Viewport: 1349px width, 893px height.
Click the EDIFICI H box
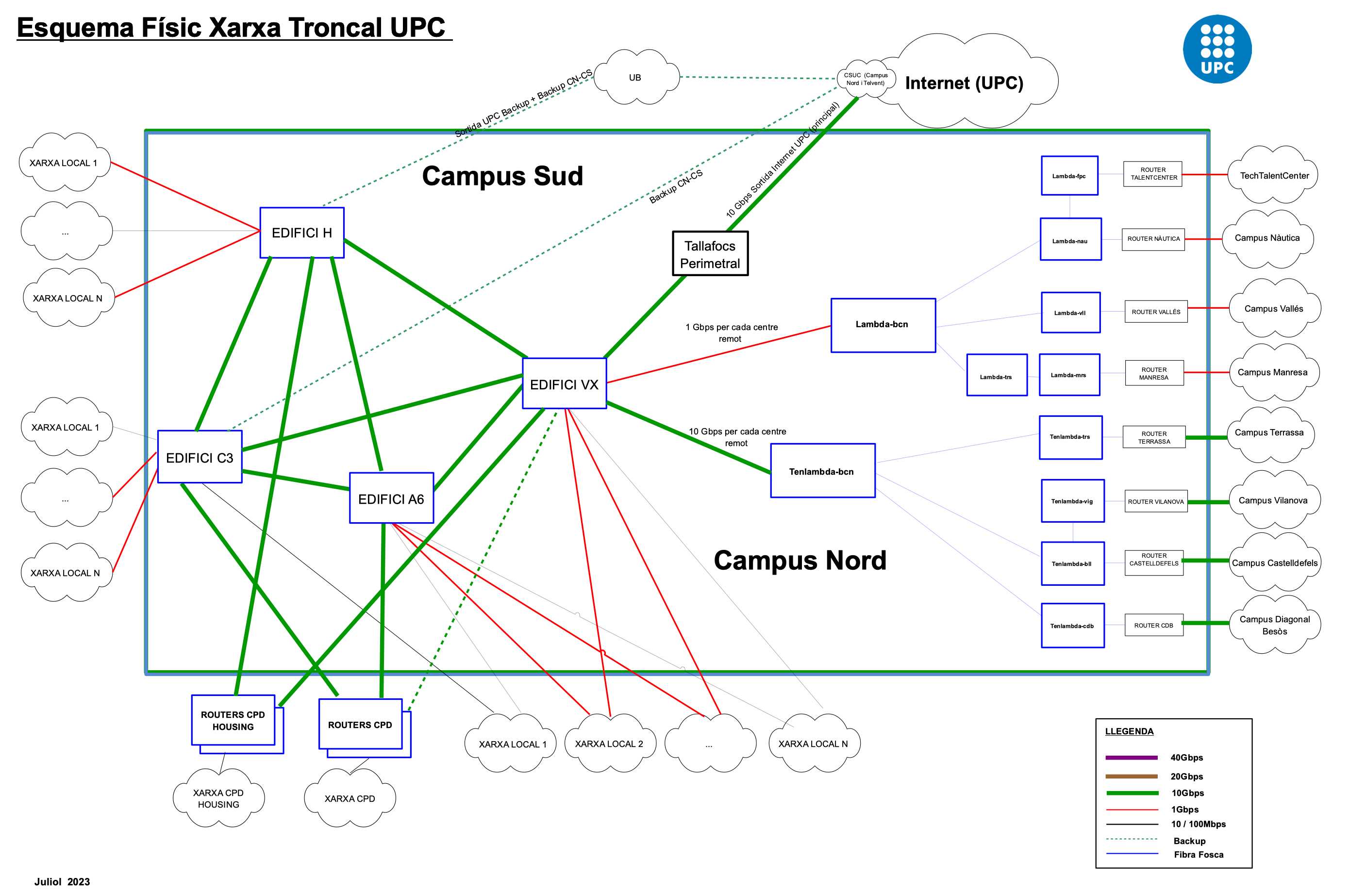[301, 232]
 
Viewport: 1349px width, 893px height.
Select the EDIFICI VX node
[564, 384]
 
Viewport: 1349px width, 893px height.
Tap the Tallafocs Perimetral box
[710, 254]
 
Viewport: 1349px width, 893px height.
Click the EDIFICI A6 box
[391, 498]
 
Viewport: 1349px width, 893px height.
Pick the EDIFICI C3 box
[200, 457]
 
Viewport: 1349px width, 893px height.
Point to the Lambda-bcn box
[883, 325]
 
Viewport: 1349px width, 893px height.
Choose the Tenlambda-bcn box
[822, 471]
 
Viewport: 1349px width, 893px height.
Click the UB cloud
[635, 78]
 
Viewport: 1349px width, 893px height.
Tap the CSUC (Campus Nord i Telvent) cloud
[866, 79]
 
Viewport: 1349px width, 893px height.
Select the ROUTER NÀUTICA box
[1153, 239]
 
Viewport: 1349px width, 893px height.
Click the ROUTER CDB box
[1153, 625]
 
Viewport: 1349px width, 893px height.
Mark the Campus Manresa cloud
[1272, 372]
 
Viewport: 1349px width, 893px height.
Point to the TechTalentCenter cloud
[1274, 175]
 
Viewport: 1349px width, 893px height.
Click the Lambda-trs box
[997, 376]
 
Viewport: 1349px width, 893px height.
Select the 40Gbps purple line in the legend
[1131, 758]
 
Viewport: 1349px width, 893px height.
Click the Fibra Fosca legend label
[1198, 854]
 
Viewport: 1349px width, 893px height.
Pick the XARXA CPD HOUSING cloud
[218, 798]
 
